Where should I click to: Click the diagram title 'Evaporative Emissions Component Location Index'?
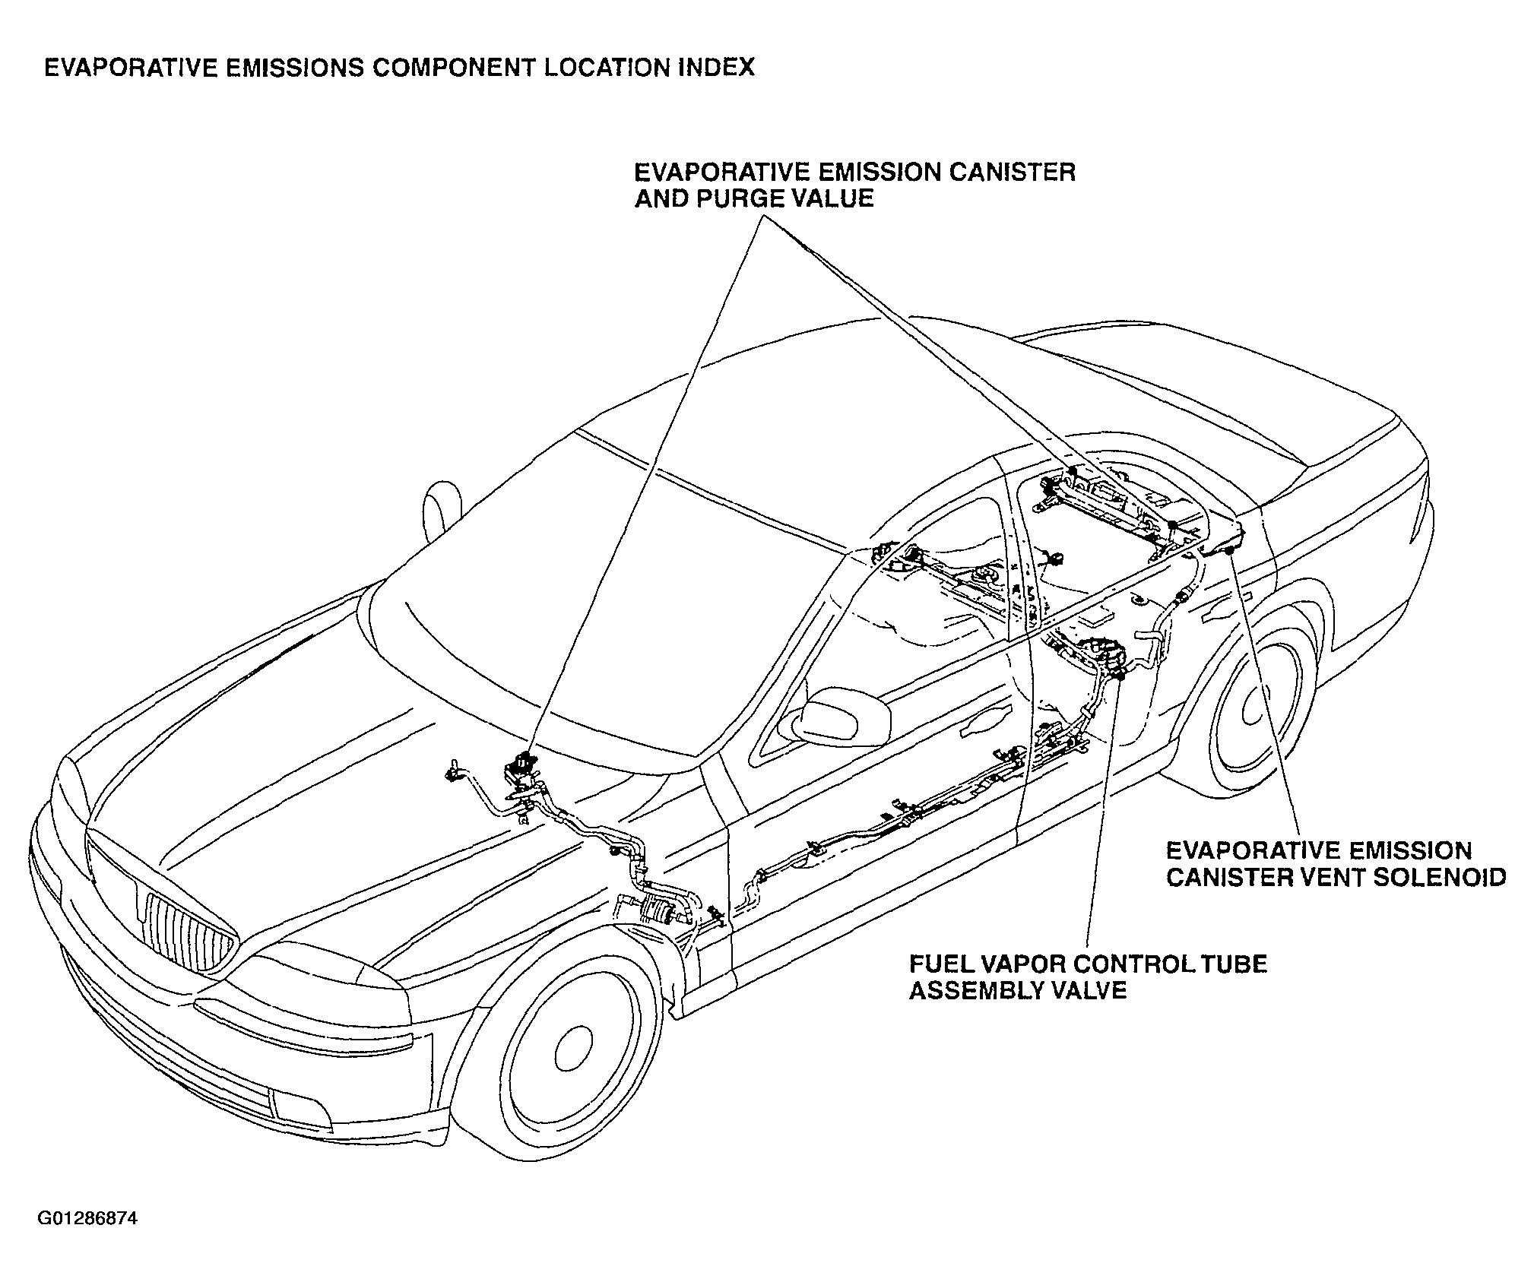[x=399, y=68]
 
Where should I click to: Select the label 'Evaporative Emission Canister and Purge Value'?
[x=855, y=185]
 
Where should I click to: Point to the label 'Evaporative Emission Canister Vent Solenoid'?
[x=1336, y=864]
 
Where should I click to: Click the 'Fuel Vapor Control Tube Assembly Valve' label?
[x=1088, y=977]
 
